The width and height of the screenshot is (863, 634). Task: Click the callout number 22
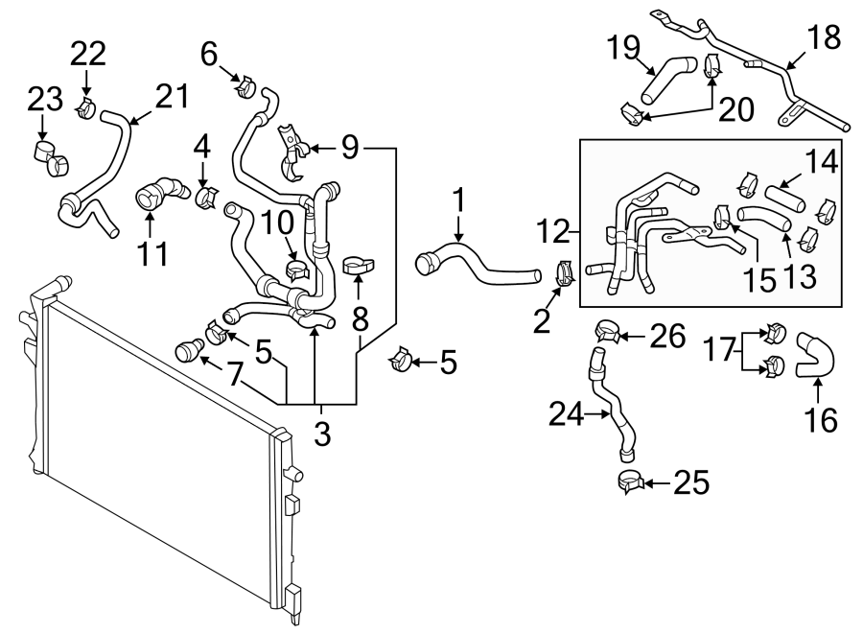(88, 54)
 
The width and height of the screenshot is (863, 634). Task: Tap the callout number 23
(45, 100)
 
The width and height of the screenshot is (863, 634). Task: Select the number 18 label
(824, 37)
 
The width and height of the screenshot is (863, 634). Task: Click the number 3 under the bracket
(322, 434)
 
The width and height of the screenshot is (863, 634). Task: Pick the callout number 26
(667, 336)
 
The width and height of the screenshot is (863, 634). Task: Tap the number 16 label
(821, 420)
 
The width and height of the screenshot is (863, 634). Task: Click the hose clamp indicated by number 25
(631, 481)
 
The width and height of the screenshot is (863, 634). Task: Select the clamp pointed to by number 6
(246, 86)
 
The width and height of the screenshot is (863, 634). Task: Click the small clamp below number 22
(86, 108)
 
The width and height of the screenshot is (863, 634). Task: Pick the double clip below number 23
(49, 158)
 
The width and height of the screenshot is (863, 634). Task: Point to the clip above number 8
(359, 266)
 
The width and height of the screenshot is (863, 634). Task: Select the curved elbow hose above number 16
(815, 356)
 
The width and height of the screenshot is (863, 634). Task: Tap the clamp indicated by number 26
(607, 331)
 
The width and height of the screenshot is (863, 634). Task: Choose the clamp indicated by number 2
(565, 273)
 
